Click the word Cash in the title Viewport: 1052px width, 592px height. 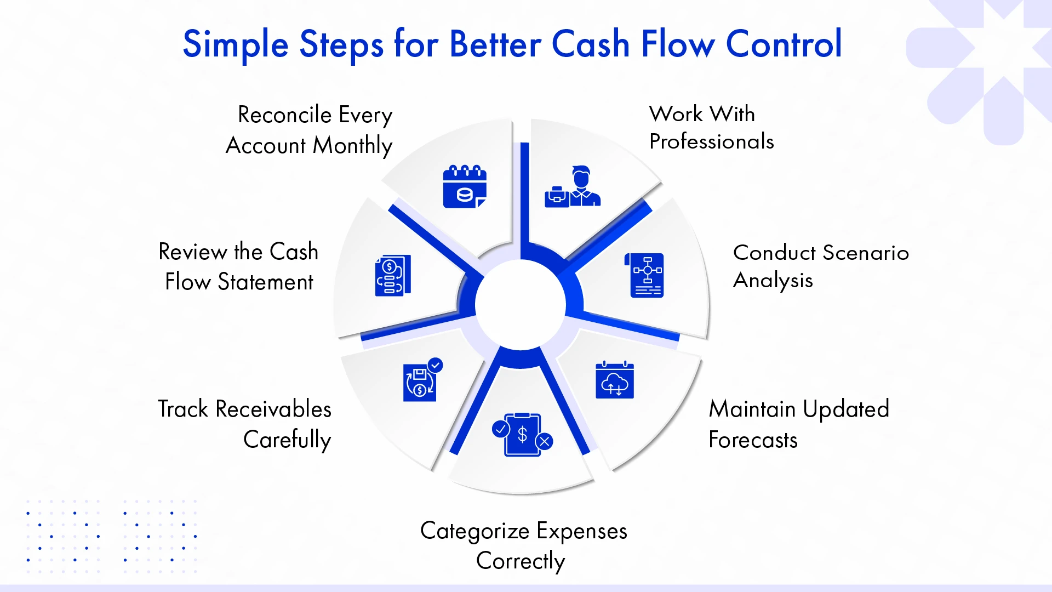pyautogui.click(x=590, y=44)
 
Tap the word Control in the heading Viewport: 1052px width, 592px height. pyautogui.click(x=784, y=44)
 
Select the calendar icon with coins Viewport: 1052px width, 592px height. pyautogui.click(x=465, y=186)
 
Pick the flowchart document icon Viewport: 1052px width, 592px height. pyautogui.click(x=647, y=275)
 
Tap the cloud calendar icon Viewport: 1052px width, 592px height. pyautogui.click(x=615, y=380)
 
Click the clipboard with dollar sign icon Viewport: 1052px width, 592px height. pyautogui.click(x=523, y=435)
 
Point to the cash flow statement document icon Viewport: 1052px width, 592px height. pyautogui.click(x=393, y=276)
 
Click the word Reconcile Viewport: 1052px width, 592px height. pyautogui.click(x=285, y=115)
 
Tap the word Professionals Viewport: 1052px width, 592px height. pyautogui.click(x=711, y=142)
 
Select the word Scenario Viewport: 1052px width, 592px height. pyautogui.click(x=866, y=253)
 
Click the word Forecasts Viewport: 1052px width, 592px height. pyautogui.click(x=753, y=440)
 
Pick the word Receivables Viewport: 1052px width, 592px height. pyautogui.click(x=273, y=409)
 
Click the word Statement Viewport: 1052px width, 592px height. pyautogui.click(x=265, y=282)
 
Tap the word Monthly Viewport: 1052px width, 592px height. pyautogui.click(x=352, y=146)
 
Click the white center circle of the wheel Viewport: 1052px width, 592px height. pyautogui.click(x=521, y=304)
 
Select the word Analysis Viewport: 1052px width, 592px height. pyautogui.click(x=773, y=281)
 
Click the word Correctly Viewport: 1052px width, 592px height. pyautogui.click(x=521, y=561)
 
